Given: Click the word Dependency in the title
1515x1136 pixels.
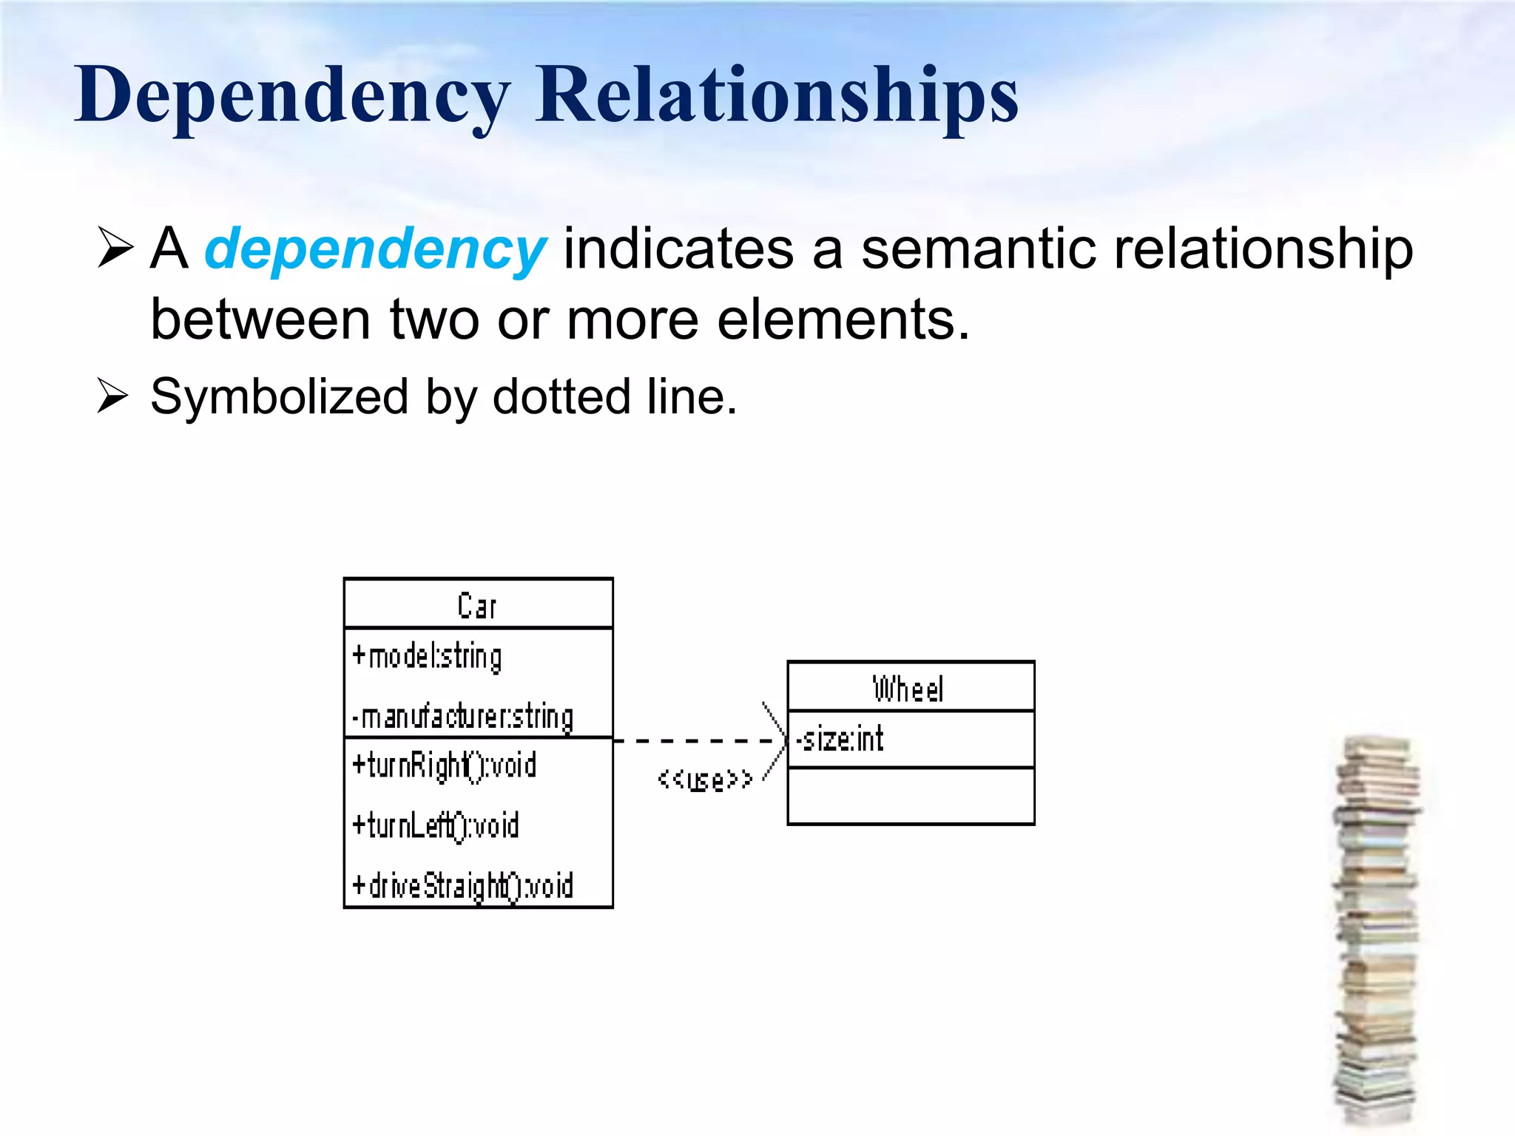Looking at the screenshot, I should pyautogui.click(x=292, y=96).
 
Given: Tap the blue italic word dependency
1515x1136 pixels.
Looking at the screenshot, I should pyautogui.click(x=375, y=249).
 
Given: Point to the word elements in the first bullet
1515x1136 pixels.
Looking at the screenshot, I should pyautogui.click(x=843, y=319).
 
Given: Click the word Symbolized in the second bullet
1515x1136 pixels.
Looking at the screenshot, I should pyautogui.click(x=279, y=397).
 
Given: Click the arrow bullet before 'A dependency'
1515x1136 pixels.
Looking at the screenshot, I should pyautogui.click(x=115, y=248).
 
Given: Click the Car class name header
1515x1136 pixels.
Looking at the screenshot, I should pyautogui.click(x=477, y=606).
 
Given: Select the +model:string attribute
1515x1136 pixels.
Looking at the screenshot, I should pyautogui.click(x=427, y=656).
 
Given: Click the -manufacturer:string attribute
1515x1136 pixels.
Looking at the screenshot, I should pyautogui.click(x=462, y=717).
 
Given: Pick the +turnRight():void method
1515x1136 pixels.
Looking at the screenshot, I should pyautogui.click(x=444, y=765).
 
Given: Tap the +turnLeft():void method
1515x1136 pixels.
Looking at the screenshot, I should pyautogui.click(x=436, y=825).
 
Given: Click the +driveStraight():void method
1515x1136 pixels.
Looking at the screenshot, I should pyautogui.click(x=462, y=885).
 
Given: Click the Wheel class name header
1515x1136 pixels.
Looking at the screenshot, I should pyautogui.click(x=908, y=689).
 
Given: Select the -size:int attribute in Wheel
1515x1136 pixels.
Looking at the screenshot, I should pyautogui.click(x=840, y=739).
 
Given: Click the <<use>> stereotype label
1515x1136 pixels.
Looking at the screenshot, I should pyautogui.click(x=705, y=780).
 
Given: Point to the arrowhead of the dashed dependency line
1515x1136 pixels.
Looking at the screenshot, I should pyautogui.click(x=780, y=740).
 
